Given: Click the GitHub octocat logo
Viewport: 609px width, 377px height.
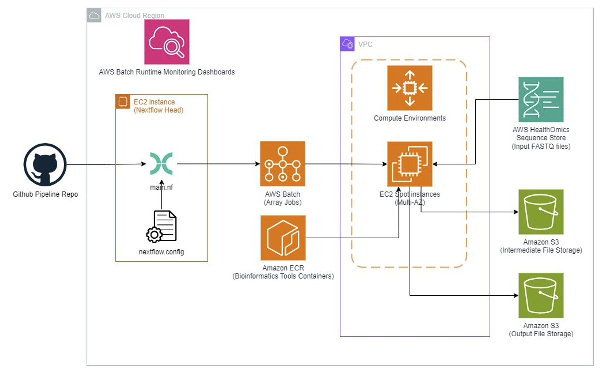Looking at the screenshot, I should [45, 164].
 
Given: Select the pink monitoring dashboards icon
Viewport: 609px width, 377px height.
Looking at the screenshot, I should [167, 42].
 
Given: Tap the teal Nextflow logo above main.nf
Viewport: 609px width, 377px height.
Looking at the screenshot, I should [161, 164].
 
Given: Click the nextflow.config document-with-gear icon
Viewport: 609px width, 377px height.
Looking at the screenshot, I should [162, 226].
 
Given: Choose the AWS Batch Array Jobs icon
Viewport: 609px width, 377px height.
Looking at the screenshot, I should [282, 164].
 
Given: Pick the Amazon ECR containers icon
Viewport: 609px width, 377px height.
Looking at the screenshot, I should [283, 238].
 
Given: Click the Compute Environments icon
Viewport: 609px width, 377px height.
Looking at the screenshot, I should [409, 88].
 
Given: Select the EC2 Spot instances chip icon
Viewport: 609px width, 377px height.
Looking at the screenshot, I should [409, 164].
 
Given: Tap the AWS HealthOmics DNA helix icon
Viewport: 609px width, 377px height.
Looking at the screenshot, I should [541, 100].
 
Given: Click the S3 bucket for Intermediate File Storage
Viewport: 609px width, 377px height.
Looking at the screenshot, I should [541, 212].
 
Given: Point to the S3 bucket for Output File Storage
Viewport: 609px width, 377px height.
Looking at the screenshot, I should [541, 295].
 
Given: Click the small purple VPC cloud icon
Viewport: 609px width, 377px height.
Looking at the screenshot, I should [347, 44].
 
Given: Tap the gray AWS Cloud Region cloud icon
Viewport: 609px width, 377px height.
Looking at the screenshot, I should [94, 15].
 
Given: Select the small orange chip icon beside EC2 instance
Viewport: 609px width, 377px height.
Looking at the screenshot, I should [122, 102].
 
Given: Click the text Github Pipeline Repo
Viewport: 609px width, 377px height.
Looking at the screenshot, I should [45, 194].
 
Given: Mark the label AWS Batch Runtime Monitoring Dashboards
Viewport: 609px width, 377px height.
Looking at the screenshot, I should [167, 72].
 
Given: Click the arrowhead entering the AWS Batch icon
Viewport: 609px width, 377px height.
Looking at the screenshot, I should [257, 164].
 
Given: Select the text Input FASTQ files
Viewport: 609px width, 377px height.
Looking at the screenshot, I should [541, 146].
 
